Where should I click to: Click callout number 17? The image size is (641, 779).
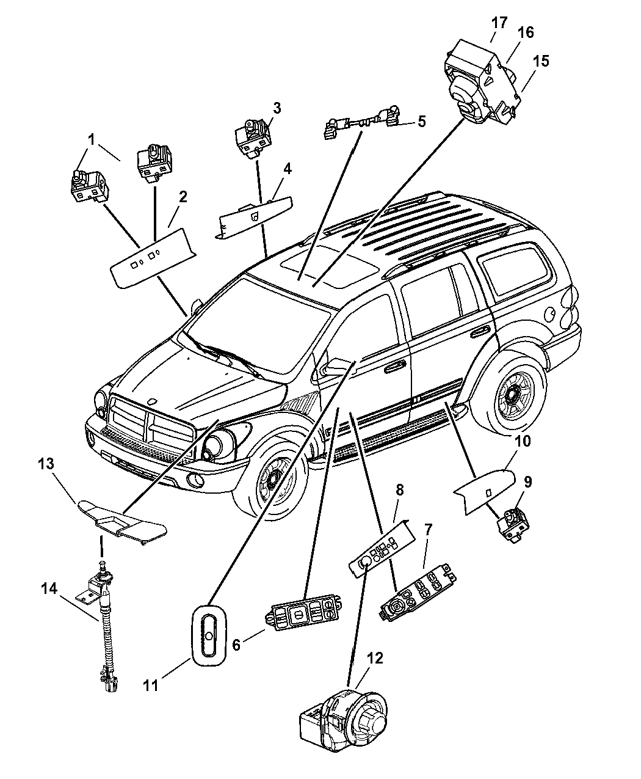[x=499, y=23]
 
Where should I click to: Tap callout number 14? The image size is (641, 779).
[x=49, y=588]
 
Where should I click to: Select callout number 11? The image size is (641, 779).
[x=151, y=686]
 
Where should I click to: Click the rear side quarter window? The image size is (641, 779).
[x=512, y=269]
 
